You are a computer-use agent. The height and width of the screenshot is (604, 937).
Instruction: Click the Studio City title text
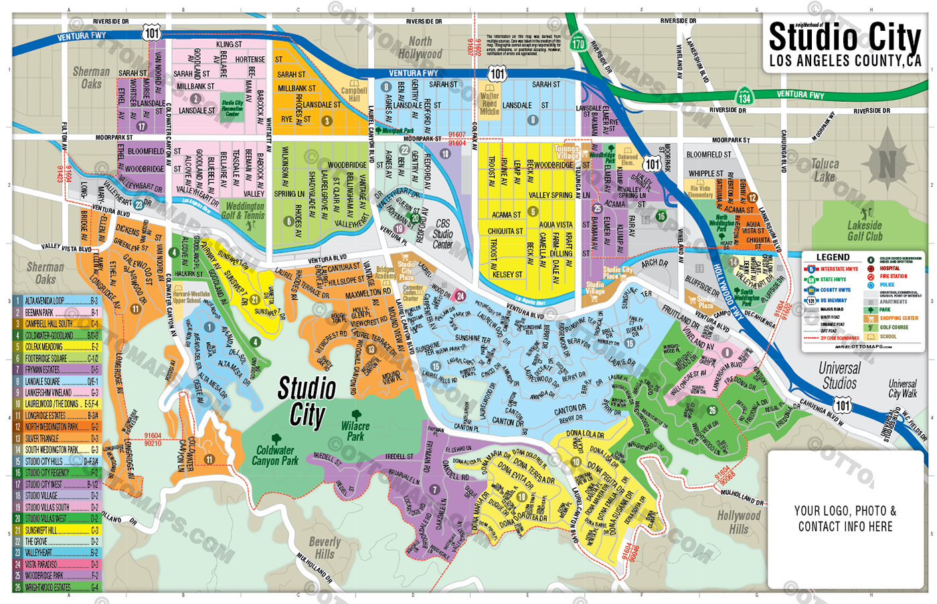tap(845, 38)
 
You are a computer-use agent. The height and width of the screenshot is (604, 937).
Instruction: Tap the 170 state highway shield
tap(578, 44)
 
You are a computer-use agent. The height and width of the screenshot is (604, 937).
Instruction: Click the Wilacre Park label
tap(355, 431)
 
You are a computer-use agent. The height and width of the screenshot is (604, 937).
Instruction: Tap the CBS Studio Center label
tap(442, 234)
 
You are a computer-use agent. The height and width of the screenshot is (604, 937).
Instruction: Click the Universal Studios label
tap(839, 376)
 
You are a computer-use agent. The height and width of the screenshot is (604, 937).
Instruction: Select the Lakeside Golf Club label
tap(865, 231)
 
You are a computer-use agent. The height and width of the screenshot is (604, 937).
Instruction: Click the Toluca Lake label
tap(825, 170)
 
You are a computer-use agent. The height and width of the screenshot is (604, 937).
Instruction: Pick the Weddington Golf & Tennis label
tap(246, 211)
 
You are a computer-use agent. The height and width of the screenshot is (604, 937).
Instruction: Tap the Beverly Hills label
tap(325, 548)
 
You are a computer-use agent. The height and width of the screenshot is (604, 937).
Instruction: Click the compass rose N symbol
tap(887, 164)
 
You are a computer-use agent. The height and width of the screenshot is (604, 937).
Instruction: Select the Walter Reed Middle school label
tap(489, 104)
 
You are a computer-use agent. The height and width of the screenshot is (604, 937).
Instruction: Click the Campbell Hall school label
tap(354, 94)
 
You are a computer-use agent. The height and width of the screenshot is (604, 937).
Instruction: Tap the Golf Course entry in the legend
tap(893, 327)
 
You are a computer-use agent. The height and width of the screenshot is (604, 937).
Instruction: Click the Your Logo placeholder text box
tap(845, 518)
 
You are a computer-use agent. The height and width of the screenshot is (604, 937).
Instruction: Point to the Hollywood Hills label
tap(739, 522)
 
